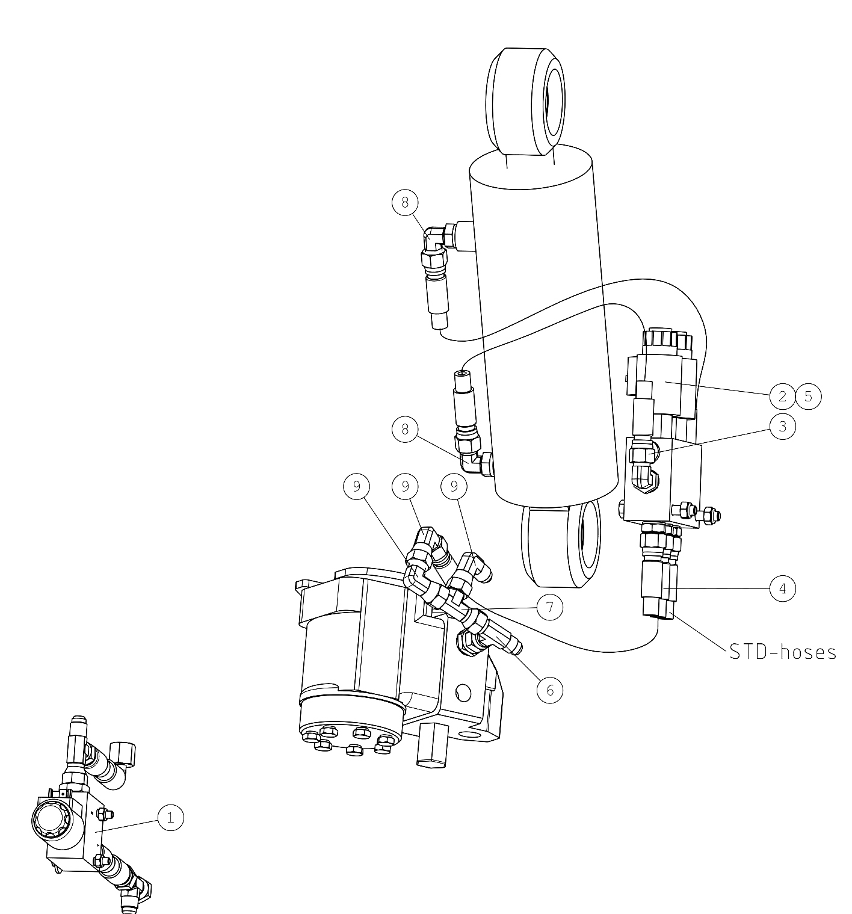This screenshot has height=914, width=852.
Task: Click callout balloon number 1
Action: pos(170,817)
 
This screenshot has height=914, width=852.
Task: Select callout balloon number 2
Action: pos(782,397)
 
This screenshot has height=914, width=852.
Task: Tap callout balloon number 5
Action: pos(808,397)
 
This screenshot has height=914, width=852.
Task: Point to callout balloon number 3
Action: pos(782,427)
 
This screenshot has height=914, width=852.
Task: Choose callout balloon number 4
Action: pos(782,588)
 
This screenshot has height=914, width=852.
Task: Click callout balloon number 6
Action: pos(549,690)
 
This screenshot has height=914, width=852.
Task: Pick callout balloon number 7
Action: pos(549,607)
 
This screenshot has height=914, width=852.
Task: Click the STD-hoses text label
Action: pos(782,652)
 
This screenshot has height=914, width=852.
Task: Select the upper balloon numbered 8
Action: pos(405,202)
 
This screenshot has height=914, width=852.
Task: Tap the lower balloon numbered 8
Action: pos(405,429)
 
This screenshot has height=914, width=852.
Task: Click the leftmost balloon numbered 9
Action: pos(357,486)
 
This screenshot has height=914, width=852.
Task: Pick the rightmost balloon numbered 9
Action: pos(454,486)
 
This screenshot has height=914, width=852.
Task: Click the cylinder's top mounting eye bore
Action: pos(554,101)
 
